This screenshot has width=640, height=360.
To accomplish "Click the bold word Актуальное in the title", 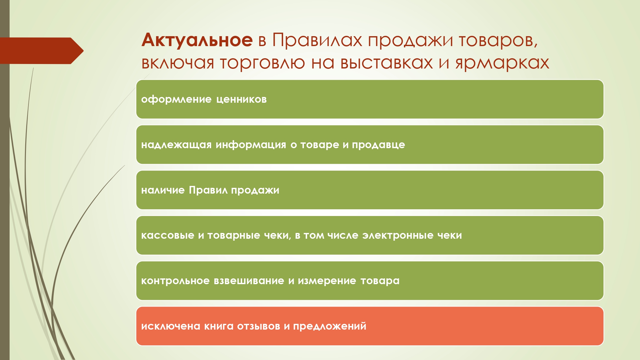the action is (197, 41).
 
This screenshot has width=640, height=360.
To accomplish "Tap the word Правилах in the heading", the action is (317, 40).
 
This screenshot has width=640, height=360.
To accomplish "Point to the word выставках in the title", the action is (387, 63).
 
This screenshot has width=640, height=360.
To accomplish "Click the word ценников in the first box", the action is (241, 100).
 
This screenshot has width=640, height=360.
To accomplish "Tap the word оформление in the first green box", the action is (176, 100).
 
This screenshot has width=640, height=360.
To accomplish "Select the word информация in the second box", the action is (251, 145).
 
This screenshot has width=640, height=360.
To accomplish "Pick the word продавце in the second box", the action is (378, 145).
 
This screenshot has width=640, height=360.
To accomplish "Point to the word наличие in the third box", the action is (163, 190).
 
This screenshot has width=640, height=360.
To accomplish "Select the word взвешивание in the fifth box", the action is (249, 281).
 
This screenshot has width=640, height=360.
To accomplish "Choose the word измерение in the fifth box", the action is (327, 281).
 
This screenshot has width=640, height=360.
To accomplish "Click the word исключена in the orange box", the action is (170, 326).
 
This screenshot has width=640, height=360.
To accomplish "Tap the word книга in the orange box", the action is (219, 326).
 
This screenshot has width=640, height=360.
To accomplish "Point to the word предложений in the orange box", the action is (330, 326).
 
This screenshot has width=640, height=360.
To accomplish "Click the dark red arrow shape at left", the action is (42, 51).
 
